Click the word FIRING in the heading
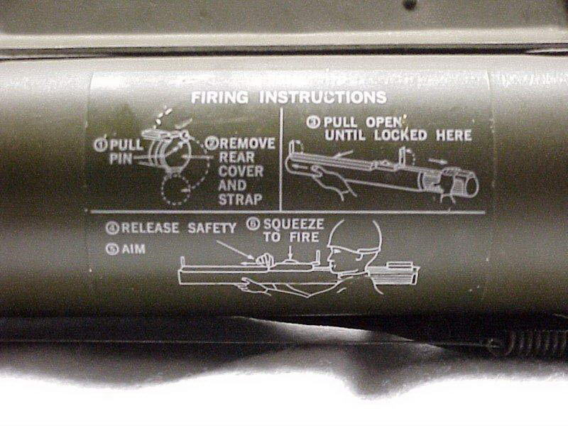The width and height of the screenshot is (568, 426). tap(220, 97)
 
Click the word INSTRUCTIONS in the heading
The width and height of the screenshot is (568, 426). tap(323, 97)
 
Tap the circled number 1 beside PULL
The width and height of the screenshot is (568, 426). tap(99, 145)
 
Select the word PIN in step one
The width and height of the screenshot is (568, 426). tap(121, 159)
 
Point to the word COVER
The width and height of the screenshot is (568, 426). tap(241, 171)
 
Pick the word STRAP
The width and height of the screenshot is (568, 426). tap(240, 200)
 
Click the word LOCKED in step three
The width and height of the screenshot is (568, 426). tap(401, 135)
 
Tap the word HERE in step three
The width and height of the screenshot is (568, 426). tap(454, 136)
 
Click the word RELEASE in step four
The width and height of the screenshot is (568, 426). tap(150, 228)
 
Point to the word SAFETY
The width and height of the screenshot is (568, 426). tap(212, 228)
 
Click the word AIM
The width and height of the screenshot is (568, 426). tap(133, 249)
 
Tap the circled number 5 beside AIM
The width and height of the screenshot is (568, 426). tap(112, 249)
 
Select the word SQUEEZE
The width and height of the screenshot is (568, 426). tap(293, 224)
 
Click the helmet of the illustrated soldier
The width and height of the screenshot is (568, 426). tap(354, 235)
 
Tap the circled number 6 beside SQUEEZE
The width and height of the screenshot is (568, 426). tap(253, 224)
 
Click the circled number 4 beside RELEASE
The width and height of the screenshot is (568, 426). tap(112, 228)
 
